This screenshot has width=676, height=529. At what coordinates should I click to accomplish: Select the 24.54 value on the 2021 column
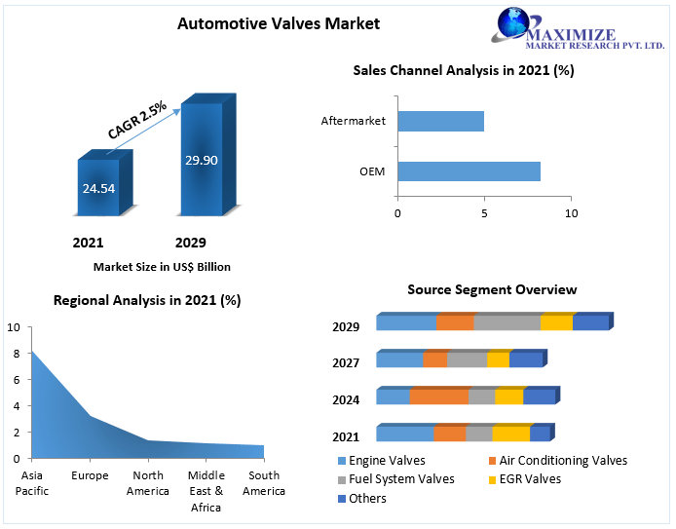point(98,187)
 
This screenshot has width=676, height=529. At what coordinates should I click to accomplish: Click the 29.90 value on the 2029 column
point(202,160)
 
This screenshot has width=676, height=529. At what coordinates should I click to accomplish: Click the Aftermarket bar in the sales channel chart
point(440,121)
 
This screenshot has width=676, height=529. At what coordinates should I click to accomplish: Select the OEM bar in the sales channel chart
point(469,171)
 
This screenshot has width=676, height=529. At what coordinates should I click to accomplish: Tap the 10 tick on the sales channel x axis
point(571,212)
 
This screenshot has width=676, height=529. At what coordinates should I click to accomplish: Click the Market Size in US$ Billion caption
point(162,266)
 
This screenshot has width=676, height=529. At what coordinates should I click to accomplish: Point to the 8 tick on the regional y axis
point(14,354)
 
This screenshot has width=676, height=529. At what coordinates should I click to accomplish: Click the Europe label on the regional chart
point(90,476)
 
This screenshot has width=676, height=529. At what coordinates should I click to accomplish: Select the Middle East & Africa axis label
point(206,491)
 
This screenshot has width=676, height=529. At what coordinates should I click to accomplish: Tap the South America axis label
point(264,483)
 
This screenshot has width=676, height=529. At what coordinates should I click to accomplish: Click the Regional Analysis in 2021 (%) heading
point(147,300)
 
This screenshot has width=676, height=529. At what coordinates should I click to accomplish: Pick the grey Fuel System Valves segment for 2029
point(507,323)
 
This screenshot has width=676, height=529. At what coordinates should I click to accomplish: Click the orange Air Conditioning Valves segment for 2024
point(439,397)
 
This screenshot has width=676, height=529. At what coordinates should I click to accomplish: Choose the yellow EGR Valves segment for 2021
point(510,434)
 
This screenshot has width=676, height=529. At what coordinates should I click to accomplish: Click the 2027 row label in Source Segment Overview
point(346,362)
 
